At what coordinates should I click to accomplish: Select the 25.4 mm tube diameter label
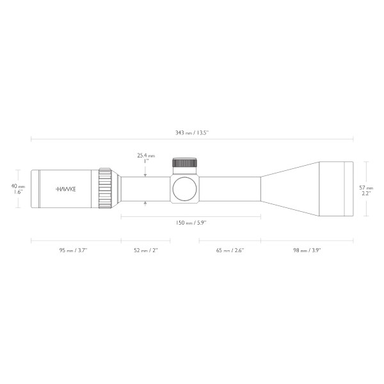146,155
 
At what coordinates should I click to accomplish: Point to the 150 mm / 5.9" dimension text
191,223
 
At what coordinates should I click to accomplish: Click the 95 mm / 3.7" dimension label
72,250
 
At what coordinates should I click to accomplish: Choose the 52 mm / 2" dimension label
146,250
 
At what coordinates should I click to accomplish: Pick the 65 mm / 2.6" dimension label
229,250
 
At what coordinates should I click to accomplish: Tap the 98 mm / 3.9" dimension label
307,250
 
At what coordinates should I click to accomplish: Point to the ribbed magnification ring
105,188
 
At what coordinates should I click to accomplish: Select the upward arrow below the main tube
146,204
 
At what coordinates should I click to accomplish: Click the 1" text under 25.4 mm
146,161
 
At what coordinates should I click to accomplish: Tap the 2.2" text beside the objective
366,193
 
